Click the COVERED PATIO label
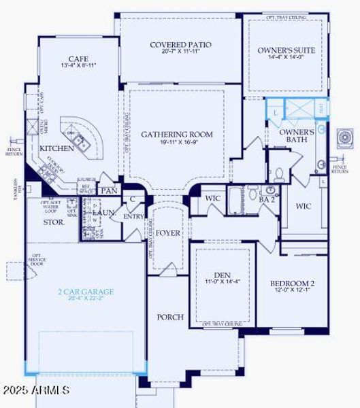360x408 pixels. click(180, 45)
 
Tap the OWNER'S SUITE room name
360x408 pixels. click(286, 50)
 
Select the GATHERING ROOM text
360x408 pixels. click(177, 135)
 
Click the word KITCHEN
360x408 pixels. click(56, 148)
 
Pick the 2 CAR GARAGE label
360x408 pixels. click(85, 292)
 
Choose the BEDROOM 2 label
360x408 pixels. click(291, 284)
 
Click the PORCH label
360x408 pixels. click(170, 317)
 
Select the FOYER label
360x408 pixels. click(168, 233)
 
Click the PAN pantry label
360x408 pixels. click(109, 191)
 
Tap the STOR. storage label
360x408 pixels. click(54, 222)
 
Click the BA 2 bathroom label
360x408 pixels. click(267, 200)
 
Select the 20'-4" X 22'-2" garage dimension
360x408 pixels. click(85, 300)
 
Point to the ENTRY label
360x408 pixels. click(133, 217)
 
